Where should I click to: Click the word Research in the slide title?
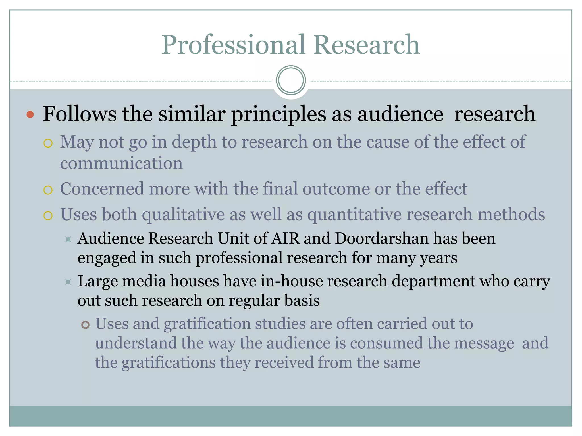367,45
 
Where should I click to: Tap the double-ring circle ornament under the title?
291,80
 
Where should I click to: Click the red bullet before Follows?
30,115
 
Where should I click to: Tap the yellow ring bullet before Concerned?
48,190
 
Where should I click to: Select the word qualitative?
183,214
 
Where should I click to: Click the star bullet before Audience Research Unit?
68,239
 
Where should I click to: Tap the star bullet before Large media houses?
68,282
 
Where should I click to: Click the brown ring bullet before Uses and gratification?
85,325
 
